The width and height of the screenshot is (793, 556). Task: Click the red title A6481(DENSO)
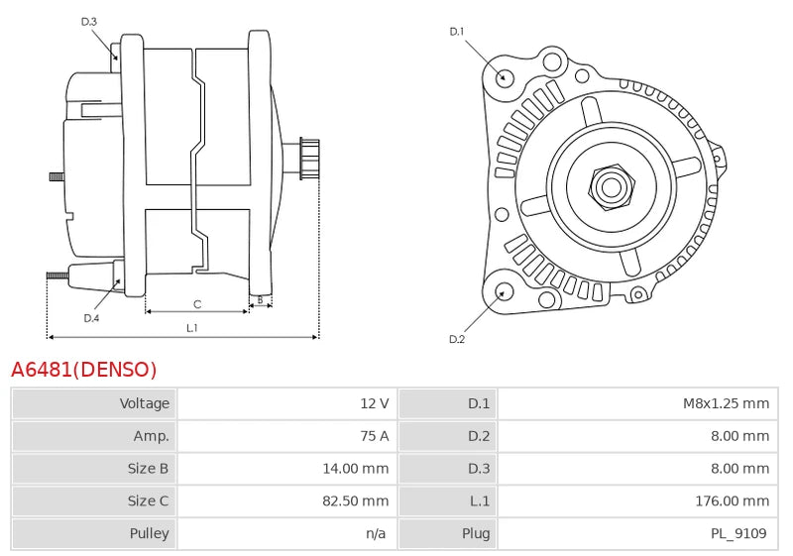tap(84, 370)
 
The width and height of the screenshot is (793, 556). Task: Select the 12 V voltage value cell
tap(374, 403)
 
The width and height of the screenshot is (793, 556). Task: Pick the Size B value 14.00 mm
tap(356, 469)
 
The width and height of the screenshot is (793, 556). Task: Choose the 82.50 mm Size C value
tap(356, 501)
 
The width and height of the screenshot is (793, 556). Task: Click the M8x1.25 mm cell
tap(726, 403)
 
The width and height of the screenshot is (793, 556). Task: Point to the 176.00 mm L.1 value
tap(732, 501)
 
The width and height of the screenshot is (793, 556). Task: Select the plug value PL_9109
tap(738, 534)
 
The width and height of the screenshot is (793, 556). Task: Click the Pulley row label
tap(149, 534)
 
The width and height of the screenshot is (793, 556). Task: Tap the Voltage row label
tap(145, 403)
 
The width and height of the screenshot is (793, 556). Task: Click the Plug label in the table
tap(476, 534)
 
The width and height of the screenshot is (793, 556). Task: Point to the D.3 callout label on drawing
tap(89, 21)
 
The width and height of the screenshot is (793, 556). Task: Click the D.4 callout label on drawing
tap(91, 318)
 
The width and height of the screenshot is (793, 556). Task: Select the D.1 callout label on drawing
tap(457, 32)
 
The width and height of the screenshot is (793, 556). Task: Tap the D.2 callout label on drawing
tap(457, 339)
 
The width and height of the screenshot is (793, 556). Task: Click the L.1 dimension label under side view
tap(191, 327)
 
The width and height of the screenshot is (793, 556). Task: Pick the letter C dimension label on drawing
tap(197, 304)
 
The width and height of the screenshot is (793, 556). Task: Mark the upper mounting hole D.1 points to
tap(504, 76)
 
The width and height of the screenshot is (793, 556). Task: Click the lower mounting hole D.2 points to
tap(503, 291)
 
